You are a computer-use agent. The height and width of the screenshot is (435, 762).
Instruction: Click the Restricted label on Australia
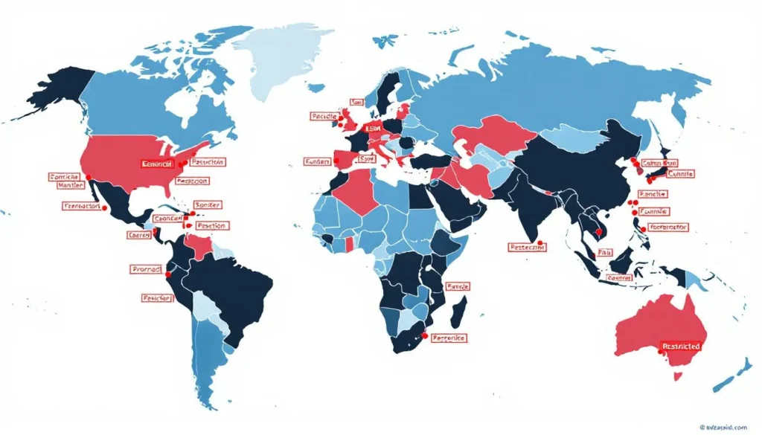(x=681, y=347)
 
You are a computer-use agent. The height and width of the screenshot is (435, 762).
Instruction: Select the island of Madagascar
(x=459, y=308)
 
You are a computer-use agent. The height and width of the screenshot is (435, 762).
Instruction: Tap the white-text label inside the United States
(x=156, y=163)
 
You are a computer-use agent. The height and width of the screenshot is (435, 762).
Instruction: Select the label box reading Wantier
(x=65, y=187)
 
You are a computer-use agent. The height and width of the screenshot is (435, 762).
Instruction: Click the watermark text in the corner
(x=726, y=427)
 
